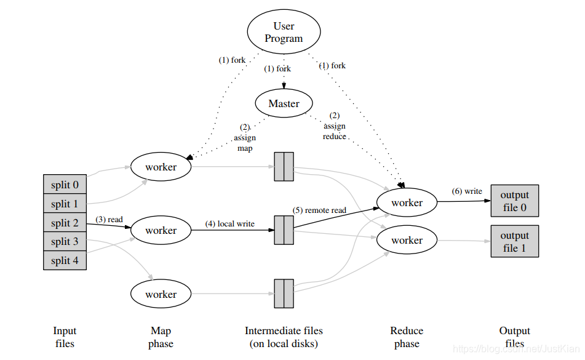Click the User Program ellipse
click(284, 32)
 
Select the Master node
click(284, 103)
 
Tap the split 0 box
click(65, 184)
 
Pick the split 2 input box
click(65, 223)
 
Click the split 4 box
click(65, 260)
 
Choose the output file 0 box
click(515, 201)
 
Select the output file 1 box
click(515, 241)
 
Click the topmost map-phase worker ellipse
click(161, 167)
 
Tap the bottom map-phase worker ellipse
click(161, 294)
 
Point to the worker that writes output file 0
click(407, 202)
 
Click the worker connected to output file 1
click(407, 240)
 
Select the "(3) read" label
click(109, 219)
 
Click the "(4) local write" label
click(230, 224)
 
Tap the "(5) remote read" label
click(319, 210)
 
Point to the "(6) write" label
click(467, 191)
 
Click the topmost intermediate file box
click(284, 167)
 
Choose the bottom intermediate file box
click(284, 294)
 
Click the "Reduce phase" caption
click(407, 337)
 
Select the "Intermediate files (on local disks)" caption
click(284, 337)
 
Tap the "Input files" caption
click(65, 337)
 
